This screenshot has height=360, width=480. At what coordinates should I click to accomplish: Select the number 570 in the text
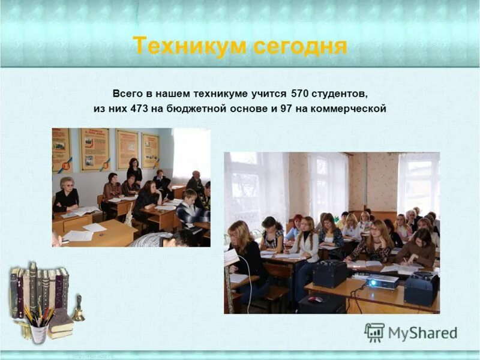click(301, 94)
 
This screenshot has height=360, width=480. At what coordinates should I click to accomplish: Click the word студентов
click(340, 94)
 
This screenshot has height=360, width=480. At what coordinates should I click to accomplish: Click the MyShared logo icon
click(374, 332)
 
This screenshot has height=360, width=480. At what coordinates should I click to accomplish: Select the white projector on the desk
click(382, 281)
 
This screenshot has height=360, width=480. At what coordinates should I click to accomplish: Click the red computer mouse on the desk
click(316, 299)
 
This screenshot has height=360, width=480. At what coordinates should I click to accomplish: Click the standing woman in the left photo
click(134, 171)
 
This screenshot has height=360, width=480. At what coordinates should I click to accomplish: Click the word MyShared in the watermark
click(422, 333)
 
